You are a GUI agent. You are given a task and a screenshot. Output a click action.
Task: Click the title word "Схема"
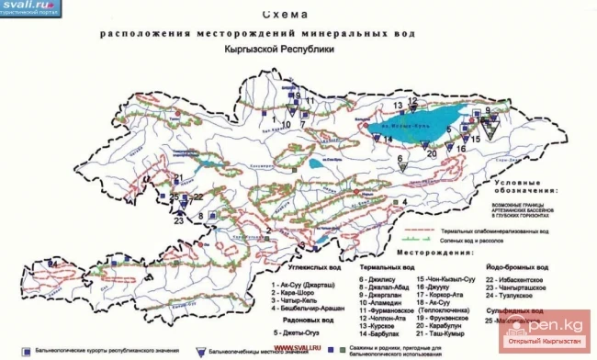[284, 15]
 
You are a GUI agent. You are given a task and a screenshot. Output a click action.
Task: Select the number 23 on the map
[179, 219]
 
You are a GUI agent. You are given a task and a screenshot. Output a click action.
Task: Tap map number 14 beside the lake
[389, 139]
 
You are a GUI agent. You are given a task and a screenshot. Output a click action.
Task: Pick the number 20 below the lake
[432, 153]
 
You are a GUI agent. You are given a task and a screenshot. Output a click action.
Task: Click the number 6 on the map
[400, 158]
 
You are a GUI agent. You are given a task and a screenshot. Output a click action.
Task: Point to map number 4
[403, 201]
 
